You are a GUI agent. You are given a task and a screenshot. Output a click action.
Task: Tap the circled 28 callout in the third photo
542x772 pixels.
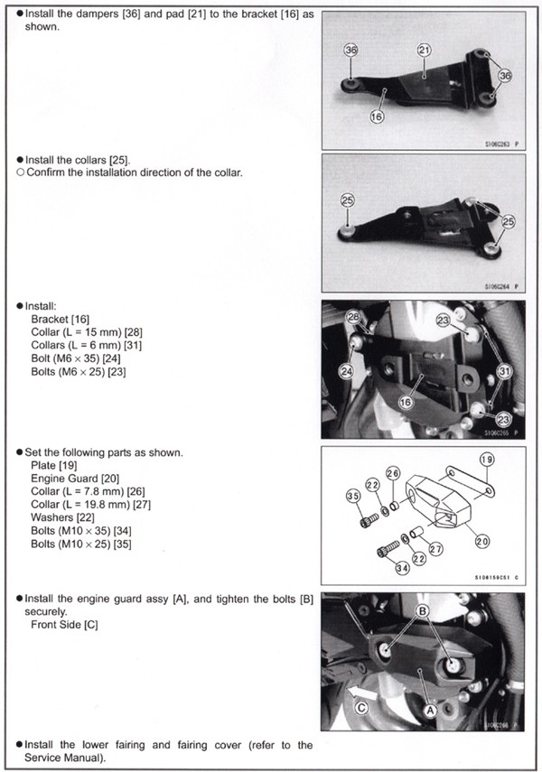353,317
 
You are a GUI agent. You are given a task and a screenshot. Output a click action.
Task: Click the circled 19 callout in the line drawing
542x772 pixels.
487,460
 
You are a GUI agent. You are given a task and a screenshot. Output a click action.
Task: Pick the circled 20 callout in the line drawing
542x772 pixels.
482,541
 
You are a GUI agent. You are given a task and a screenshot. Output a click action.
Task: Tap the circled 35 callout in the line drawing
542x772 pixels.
352,496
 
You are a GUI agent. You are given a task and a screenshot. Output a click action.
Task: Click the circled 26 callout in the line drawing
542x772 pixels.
393,473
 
